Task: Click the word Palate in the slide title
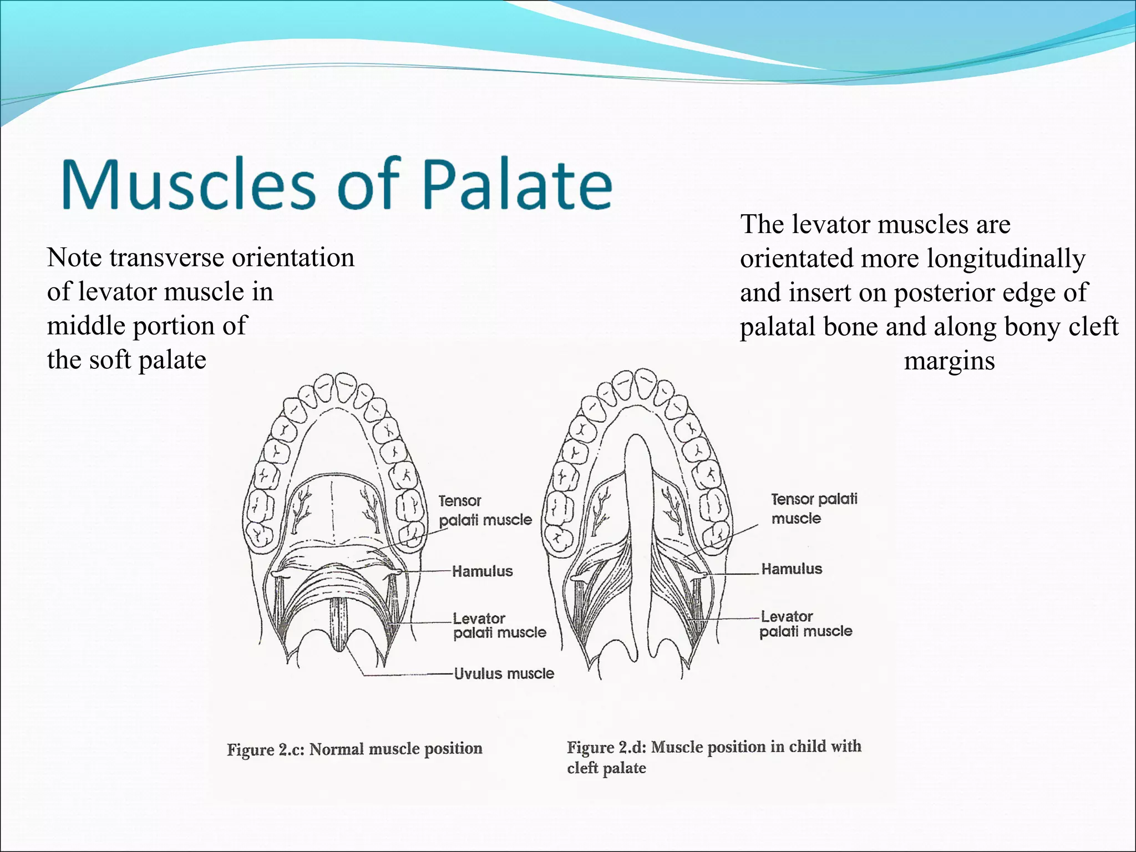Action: click(517, 184)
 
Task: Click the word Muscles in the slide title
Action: click(189, 184)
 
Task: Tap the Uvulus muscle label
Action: click(504, 674)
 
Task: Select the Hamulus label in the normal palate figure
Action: click(482, 571)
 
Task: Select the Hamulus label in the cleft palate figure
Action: click(792, 569)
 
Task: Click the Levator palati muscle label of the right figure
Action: click(805, 624)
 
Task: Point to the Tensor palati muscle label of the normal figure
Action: click(484, 510)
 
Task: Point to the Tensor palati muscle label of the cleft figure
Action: click(813, 509)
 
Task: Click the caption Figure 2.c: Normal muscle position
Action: click(354, 749)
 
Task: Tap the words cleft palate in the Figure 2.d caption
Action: click(606, 768)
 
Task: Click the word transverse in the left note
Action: click(167, 258)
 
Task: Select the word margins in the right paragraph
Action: click(949, 362)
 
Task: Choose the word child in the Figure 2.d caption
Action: click(807, 747)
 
